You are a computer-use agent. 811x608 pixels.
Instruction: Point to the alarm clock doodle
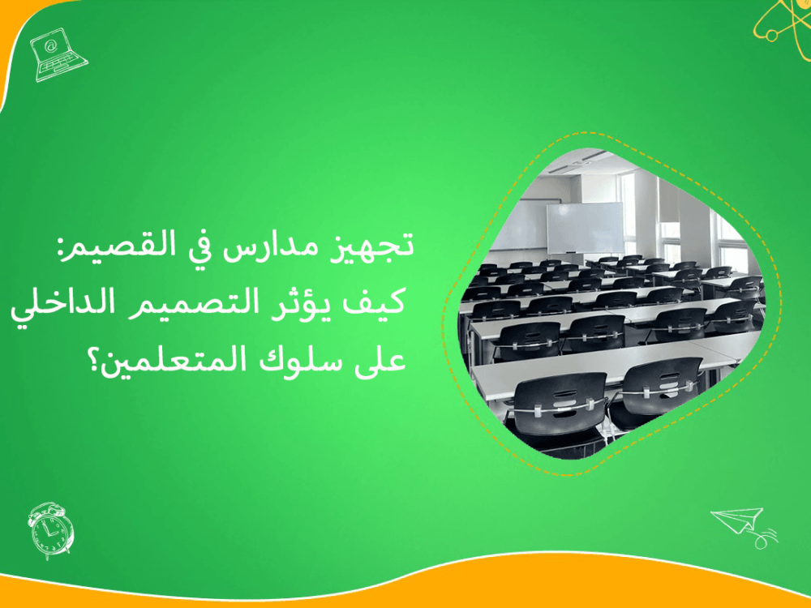click(49, 529)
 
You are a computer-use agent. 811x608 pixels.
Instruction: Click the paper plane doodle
click(741, 523)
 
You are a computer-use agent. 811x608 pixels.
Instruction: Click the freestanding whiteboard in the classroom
click(584, 226)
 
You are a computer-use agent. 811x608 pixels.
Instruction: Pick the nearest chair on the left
click(560, 402)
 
